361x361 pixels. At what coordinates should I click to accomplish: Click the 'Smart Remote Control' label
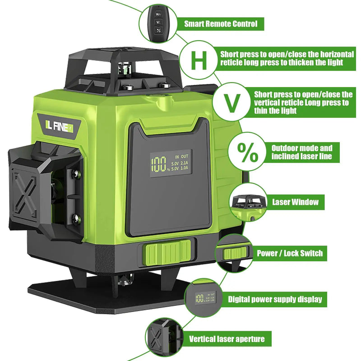pyautogui.click(x=221, y=24)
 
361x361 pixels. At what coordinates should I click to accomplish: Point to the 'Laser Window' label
pyautogui.click(x=295, y=202)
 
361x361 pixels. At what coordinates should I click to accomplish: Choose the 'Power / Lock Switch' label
pyautogui.click(x=290, y=253)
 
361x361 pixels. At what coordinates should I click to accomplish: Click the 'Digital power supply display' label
pyautogui.click(x=275, y=299)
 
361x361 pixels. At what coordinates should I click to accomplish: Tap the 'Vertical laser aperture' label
pyautogui.click(x=227, y=339)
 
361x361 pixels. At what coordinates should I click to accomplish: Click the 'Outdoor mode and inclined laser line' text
pyautogui.click(x=301, y=153)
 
